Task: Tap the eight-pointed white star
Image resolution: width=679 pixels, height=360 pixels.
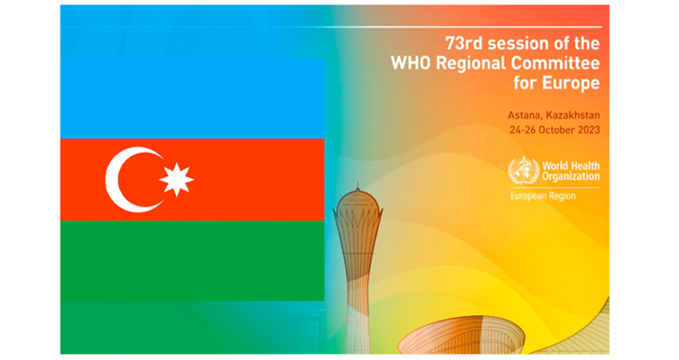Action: click(x=177, y=180)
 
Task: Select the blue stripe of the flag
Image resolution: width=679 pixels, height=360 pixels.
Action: click(x=192, y=98)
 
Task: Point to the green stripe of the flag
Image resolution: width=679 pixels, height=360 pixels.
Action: click(x=192, y=261)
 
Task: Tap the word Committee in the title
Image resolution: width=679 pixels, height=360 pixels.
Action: click(x=556, y=63)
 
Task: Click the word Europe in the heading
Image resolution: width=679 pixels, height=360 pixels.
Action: click(x=572, y=83)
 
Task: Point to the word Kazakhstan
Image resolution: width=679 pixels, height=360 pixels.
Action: click(x=573, y=115)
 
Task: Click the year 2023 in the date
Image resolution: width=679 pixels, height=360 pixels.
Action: click(x=589, y=130)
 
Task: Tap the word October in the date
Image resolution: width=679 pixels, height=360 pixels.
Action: click(x=557, y=130)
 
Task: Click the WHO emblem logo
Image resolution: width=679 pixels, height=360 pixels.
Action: click(x=524, y=171)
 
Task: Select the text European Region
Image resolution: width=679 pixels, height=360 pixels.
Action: click(x=542, y=196)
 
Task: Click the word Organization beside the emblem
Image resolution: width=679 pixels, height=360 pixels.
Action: click(x=571, y=176)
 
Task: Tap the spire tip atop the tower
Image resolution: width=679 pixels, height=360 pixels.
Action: click(x=357, y=184)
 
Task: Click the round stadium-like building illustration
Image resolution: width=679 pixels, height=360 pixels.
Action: click(x=462, y=336)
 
